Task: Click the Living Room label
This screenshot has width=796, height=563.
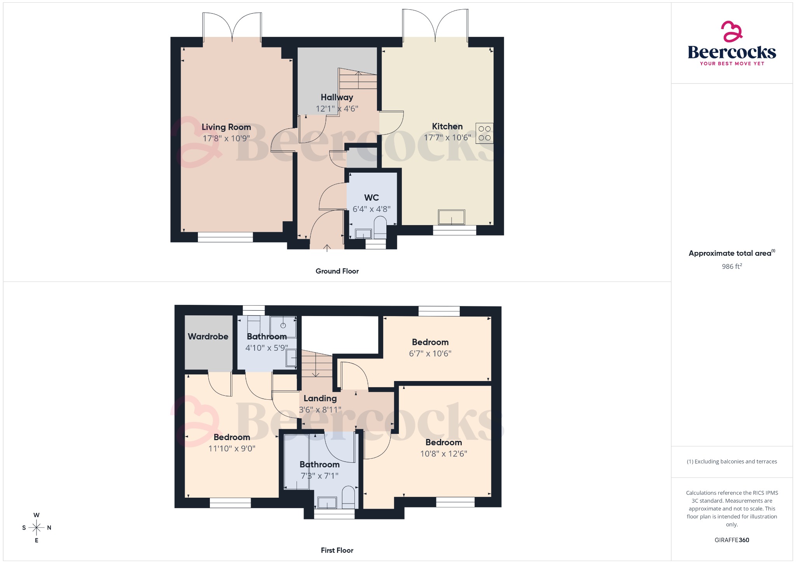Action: pyautogui.click(x=226, y=127)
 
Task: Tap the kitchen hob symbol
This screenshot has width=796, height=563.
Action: pyautogui.click(x=484, y=133)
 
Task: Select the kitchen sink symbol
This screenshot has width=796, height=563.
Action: pyautogui.click(x=451, y=217)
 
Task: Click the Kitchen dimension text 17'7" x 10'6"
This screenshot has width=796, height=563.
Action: pyautogui.click(x=447, y=138)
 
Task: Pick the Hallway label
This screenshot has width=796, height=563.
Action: pyautogui.click(x=337, y=97)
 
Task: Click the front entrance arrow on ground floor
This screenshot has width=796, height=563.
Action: pyautogui.click(x=327, y=247)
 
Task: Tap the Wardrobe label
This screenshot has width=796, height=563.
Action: pyautogui.click(x=208, y=337)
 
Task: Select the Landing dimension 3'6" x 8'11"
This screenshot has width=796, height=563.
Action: pyautogui.click(x=320, y=410)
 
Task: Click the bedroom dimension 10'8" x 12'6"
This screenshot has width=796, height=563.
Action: pyautogui.click(x=443, y=454)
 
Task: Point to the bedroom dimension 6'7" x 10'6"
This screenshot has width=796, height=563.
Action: pyautogui.click(x=430, y=354)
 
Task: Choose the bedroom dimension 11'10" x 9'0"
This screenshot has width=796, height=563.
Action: pyautogui.click(x=232, y=449)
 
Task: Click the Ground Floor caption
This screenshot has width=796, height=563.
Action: pyautogui.click(x=337, y=271)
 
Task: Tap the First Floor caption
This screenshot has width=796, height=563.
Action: pyautogui.click(x=337, y=551)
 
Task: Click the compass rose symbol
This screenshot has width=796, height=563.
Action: pyautogui.click(x=37, y=528)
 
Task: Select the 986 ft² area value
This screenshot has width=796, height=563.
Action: pyautogui.click(x=732, y=266)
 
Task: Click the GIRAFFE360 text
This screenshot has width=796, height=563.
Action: pyautogui.click(x=732, y=540)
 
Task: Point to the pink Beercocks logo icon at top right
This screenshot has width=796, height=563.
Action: pyautogui.click(x=732, y=31)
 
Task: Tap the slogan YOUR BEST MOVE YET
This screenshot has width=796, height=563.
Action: pyautogui.click(x=732, y=64)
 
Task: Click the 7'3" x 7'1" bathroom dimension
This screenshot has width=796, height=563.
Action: pyautogui.click(x=319, y=476)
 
